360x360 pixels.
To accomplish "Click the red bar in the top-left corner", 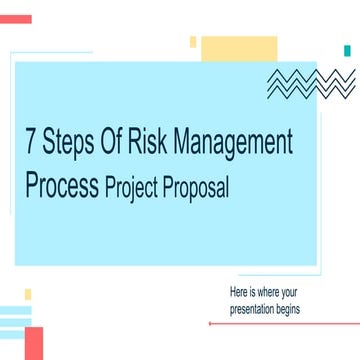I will pos(16,19).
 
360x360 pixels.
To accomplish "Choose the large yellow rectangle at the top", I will pos(238,47).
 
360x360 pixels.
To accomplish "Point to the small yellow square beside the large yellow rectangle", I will pos(193,41).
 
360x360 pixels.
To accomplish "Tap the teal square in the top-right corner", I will pos(348,49).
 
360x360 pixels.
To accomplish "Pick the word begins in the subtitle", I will pos(290,309).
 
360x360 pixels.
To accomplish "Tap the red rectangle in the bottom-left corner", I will pos(34,342).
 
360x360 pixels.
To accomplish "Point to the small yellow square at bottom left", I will pos(28,294).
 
